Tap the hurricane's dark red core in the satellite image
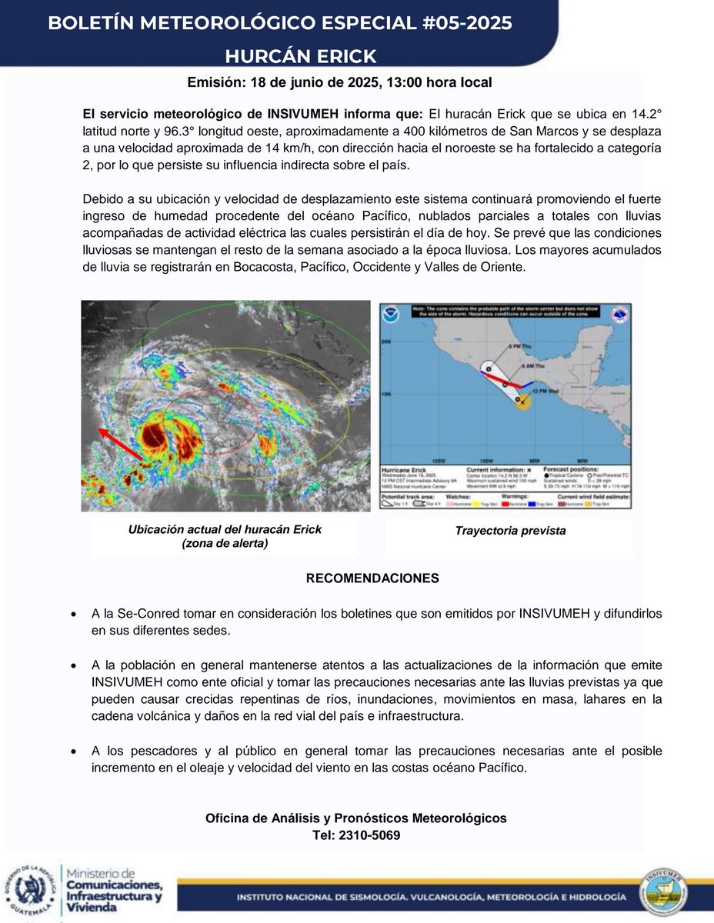coord(158,437)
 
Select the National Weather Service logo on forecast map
coord(619,315)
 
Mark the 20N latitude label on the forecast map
coord(387,340)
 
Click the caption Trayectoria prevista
coord(510,531)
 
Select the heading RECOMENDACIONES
coord(362,578)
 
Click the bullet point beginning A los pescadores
coord(72,751)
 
